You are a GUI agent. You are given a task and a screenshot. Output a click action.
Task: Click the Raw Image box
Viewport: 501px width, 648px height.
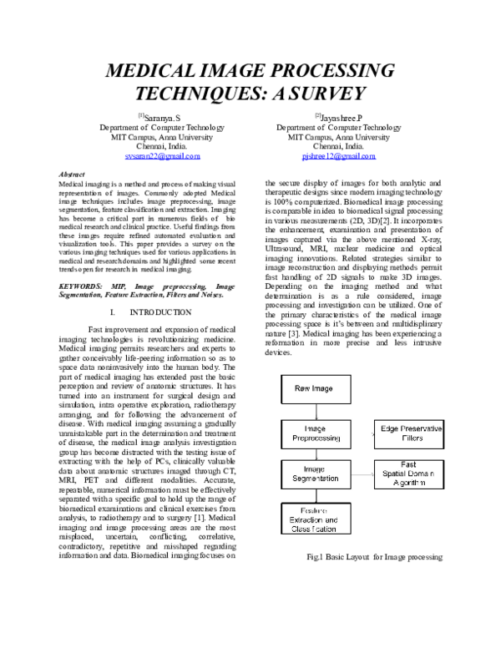[316, 389]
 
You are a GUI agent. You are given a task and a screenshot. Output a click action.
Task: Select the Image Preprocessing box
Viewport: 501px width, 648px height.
[316, 434]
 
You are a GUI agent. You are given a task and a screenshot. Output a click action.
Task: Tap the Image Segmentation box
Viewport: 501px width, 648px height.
[316, 473]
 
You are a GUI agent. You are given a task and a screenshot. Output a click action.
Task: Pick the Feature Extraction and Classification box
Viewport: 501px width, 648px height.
[316, 518]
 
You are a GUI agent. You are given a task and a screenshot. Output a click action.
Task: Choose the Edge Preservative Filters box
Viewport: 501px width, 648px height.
[409, 434]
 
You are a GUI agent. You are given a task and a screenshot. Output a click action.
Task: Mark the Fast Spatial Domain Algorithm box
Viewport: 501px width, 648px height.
[409, 473]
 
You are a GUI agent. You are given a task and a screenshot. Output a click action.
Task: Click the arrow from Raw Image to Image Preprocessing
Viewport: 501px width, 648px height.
[316, 412]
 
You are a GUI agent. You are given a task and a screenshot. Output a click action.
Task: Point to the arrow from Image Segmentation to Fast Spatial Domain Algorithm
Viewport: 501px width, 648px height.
[362, 474]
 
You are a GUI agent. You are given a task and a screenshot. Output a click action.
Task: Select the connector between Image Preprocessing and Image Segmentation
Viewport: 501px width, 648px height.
[316, 454]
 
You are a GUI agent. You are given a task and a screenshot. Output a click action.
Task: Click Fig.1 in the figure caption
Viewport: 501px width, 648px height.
[315, 557]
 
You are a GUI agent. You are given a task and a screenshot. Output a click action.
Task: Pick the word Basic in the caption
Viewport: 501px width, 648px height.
[335, 557]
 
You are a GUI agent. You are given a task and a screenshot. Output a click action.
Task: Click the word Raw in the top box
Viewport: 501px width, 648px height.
[302, 389]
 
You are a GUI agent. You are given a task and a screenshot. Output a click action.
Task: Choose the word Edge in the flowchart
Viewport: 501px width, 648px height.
[390, 429]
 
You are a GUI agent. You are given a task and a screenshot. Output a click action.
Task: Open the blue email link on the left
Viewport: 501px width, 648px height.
[163, 156]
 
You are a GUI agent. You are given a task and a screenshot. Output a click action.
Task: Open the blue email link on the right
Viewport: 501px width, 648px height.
[338, 156]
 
